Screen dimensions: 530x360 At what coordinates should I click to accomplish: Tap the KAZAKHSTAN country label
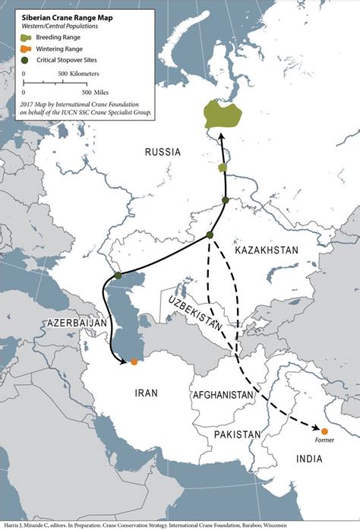click(x=267, y=250)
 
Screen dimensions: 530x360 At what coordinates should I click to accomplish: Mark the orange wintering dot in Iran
click(x=134, y=361)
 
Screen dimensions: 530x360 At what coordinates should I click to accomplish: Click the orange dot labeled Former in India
click(x=324, y=431)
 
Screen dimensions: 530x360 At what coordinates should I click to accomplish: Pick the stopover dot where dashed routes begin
click(x=210, y=235)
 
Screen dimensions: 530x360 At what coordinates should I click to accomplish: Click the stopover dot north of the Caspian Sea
click(x=118, y=276)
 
